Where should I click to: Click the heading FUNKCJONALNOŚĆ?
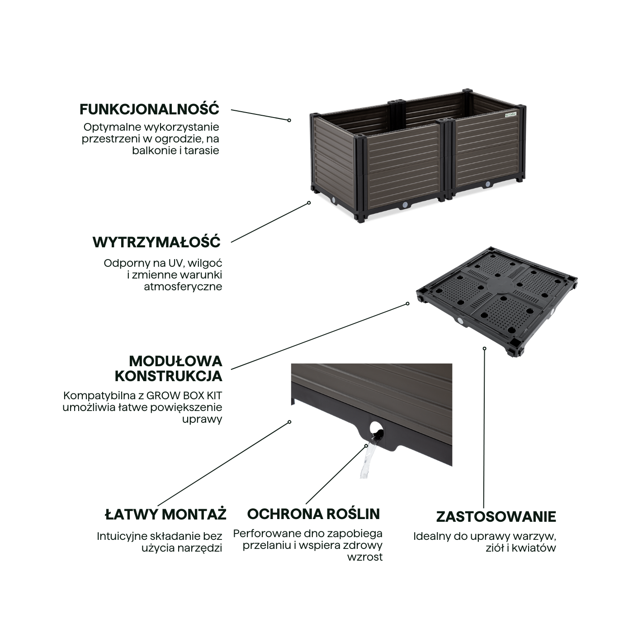(x=149, y=109)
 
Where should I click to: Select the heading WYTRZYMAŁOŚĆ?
(x=156, y=242)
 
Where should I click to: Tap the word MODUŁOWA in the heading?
(x=175, y=361)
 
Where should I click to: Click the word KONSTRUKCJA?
(x=168, y=376)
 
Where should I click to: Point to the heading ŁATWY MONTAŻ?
(x=165, y=514)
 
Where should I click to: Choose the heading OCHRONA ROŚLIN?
(x=313, y=514)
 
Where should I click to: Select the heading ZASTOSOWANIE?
(x=496, y=516)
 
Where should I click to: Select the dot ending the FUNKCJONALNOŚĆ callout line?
(x=289, y=120)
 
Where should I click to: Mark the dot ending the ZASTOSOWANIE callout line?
(x=484, y=348)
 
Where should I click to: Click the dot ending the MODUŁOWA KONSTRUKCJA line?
(x=407, y=303)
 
